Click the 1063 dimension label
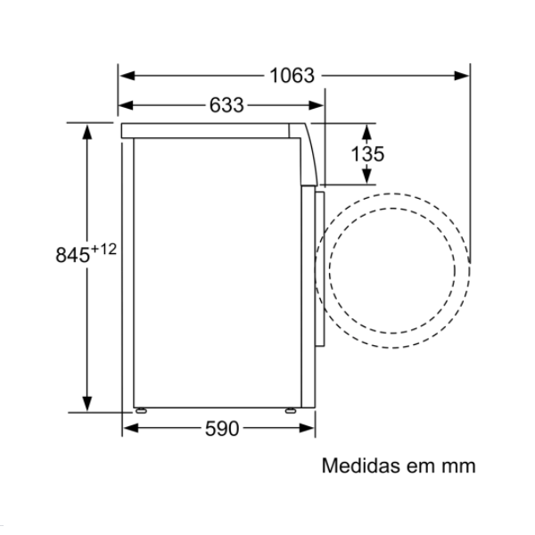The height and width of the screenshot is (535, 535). coord(292,76)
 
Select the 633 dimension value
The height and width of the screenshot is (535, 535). coord(226,104)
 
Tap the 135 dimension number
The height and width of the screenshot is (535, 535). coord(367,154)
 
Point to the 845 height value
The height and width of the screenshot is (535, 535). coord(73,255)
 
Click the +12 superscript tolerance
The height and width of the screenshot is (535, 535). coord(103,249)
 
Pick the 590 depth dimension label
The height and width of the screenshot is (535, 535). coord(222,429)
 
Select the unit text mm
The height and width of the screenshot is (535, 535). coord(459,467)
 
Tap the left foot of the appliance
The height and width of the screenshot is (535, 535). coord(141,410)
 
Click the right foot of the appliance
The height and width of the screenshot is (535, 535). coord(291,410)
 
